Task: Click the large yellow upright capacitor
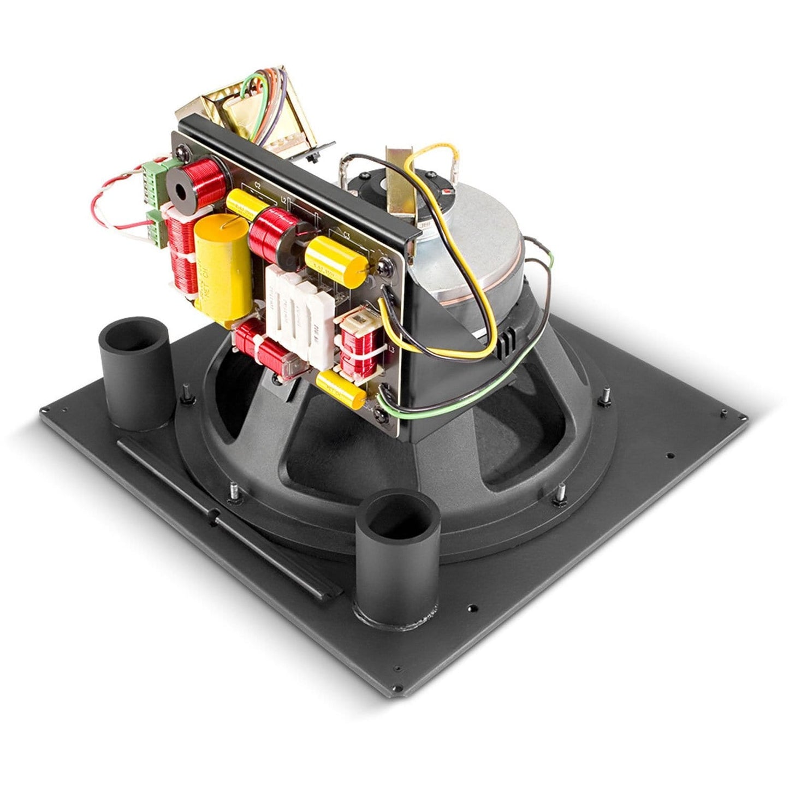(x=222, y=266)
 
